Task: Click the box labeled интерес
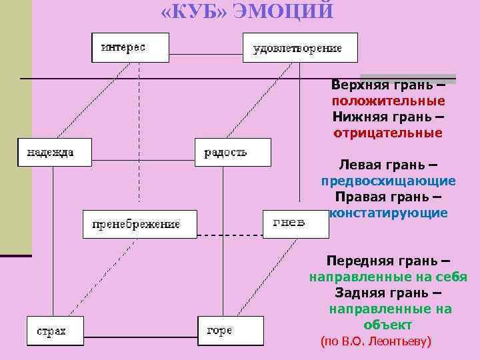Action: (130, 47)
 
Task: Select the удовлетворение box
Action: (299, 48)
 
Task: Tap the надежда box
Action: (55, 152)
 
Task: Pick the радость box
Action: (233, 152)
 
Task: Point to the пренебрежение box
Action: (140, 224)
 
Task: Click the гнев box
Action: (295, 223)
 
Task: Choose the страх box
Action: (55, 331)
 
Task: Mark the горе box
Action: (230, 330)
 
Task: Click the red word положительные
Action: (389, 101)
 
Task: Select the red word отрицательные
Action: (388, 133)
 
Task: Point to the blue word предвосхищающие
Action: (389, 181)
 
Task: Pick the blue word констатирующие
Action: (389, 213)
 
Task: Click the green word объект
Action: (388, 325)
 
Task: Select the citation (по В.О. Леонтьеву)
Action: (377, 341)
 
